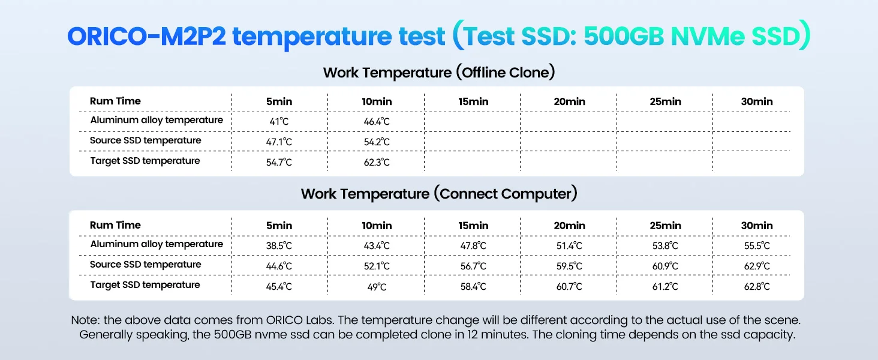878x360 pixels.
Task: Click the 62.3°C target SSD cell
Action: click(x=376, y=162)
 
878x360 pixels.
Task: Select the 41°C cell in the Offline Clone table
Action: click(x=279, y=121)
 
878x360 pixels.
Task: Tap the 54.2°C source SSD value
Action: click(x=376, y=142)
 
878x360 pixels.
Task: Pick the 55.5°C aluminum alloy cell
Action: click(x=756, y=245)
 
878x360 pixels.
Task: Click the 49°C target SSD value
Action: click(x=376, y=287)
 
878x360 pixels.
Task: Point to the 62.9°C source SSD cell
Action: click(x=756, y=266)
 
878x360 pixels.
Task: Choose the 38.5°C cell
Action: click(x=279, y=245)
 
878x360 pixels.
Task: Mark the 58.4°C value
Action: click(x=473, y=286)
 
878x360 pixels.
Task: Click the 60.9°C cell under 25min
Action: click(x=664, y=266)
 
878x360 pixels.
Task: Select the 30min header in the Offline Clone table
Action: click(x=756, y=101)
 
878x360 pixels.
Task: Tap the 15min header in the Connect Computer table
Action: click(x=473, y=226)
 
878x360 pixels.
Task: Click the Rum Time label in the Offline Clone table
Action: click(x=115, y=101)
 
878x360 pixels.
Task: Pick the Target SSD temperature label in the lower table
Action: click(x=145, y=285)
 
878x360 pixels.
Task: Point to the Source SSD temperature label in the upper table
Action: click(x=145, y=140)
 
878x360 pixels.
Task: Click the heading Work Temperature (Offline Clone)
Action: click(x=439, y=73)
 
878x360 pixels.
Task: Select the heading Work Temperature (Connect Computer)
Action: click(x=439, y=194)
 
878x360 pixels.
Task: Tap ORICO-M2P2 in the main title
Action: click(x=146, y=36)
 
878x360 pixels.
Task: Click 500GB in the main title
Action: click(x=624, y=36)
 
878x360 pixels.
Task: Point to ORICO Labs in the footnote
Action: click(x=300, y=320)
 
